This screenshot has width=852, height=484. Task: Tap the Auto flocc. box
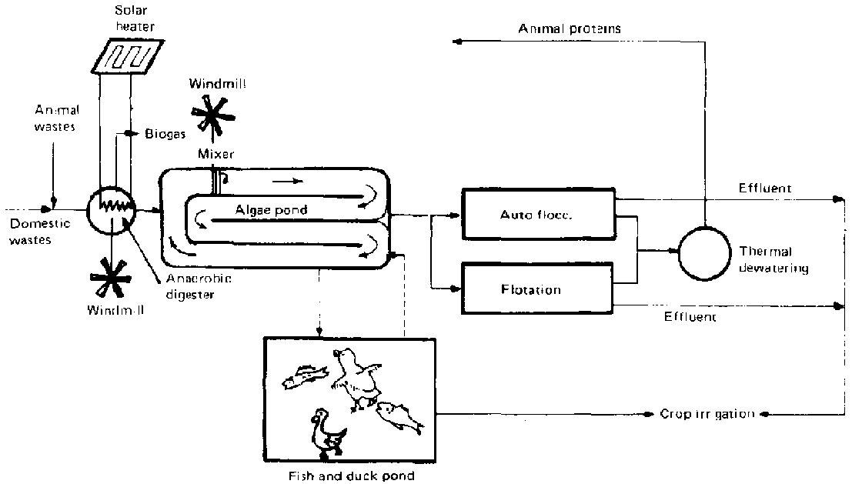pos(537,215)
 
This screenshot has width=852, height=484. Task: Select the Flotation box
pos(537,290)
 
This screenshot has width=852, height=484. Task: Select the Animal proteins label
pos(570,29)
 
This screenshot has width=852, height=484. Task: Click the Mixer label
pos(216,154)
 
